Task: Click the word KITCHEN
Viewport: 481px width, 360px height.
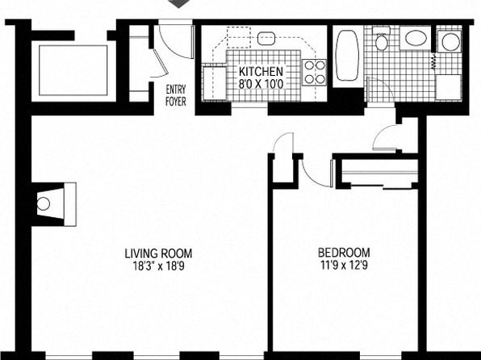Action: coord(261,72)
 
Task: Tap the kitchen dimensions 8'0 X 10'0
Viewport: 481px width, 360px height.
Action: coord(261,84)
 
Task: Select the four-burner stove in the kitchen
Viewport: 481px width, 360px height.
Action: coord(315,73)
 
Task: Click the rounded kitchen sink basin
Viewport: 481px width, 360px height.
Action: coord(266,39)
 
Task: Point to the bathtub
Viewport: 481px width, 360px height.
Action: coord(348,55)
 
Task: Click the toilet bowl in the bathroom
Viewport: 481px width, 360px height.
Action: coord(381,42)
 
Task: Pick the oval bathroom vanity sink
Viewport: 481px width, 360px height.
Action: coord(416,38)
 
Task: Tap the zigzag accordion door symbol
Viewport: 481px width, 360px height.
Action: coord(433,62)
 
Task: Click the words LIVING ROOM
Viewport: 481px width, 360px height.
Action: coord(158,253)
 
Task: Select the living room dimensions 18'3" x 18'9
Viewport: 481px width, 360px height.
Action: coord(159,266)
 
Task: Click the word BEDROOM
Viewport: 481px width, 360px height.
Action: coord(344,253)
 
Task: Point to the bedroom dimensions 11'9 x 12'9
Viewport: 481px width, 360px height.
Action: coord(344,265)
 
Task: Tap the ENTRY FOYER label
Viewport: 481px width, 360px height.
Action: coord(176,95)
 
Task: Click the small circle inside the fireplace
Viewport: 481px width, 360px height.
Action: coord(44,203)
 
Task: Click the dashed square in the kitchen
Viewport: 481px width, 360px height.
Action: coord(239,37)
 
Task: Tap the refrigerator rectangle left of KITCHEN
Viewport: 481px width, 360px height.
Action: coord(215,83)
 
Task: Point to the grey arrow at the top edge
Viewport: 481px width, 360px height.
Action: coord(179,3)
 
